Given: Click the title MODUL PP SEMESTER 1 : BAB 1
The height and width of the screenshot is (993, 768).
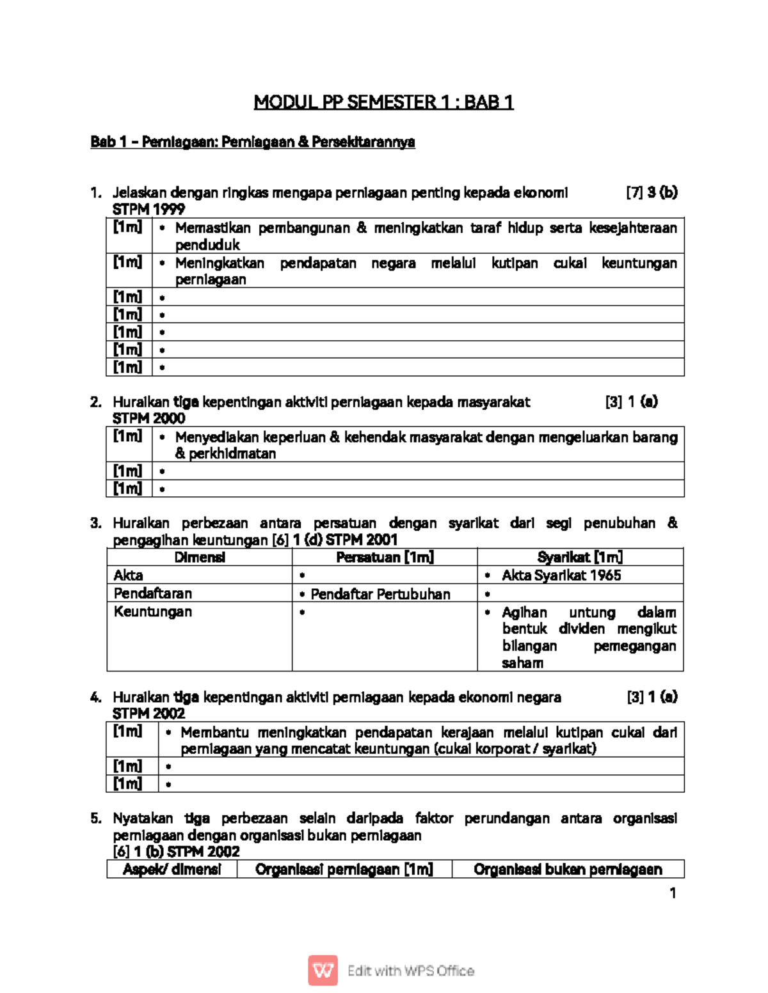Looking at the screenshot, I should point(383,102).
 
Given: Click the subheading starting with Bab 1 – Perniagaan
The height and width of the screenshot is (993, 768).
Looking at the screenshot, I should point(253,142).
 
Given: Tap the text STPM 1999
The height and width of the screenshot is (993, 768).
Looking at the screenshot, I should point(148,209).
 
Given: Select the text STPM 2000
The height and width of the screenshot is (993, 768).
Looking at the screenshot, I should point(148,418).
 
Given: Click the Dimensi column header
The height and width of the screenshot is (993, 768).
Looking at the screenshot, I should point(200,558).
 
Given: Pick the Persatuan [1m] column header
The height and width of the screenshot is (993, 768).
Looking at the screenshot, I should point(385,558).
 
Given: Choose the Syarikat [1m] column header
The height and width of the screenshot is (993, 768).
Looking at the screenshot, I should point(580,558).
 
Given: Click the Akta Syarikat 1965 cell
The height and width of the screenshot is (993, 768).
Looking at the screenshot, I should point(561,575).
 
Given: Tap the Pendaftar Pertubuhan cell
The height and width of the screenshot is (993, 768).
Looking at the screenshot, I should point(380,594).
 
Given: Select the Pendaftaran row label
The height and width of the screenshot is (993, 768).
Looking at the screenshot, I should point(153,593).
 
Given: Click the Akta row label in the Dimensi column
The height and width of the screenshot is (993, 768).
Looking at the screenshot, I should point(129,575).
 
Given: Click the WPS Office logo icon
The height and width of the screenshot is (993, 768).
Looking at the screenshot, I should point(323,971).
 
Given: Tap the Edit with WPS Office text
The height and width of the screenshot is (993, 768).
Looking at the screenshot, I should point(410,971).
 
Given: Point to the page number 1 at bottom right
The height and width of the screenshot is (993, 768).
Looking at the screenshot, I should point(673,893).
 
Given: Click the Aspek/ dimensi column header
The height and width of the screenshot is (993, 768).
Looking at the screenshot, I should point(172,870).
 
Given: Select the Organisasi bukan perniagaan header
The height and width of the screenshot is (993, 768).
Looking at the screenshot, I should point(568,870).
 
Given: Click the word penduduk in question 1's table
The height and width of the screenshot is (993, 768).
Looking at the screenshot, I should point(207,245).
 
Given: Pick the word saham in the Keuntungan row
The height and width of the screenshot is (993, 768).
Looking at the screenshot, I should point(522,663).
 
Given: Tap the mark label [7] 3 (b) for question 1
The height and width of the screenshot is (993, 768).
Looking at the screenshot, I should point(652,192).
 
